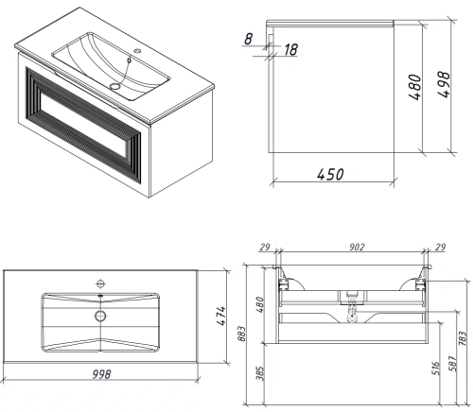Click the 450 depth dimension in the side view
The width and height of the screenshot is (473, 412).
pyautogui.click(x=330, y=174)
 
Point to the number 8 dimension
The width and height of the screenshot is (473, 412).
pyautogui.click(x=249, y=38)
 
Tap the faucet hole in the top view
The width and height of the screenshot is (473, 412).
pyautogui.click(x=99, y=283)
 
